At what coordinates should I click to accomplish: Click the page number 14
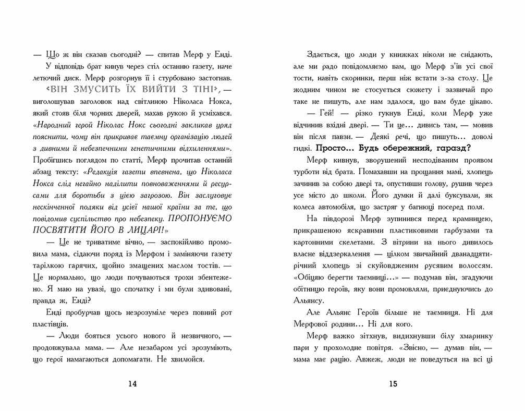(132, 384)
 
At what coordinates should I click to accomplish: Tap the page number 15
(393, 384)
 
